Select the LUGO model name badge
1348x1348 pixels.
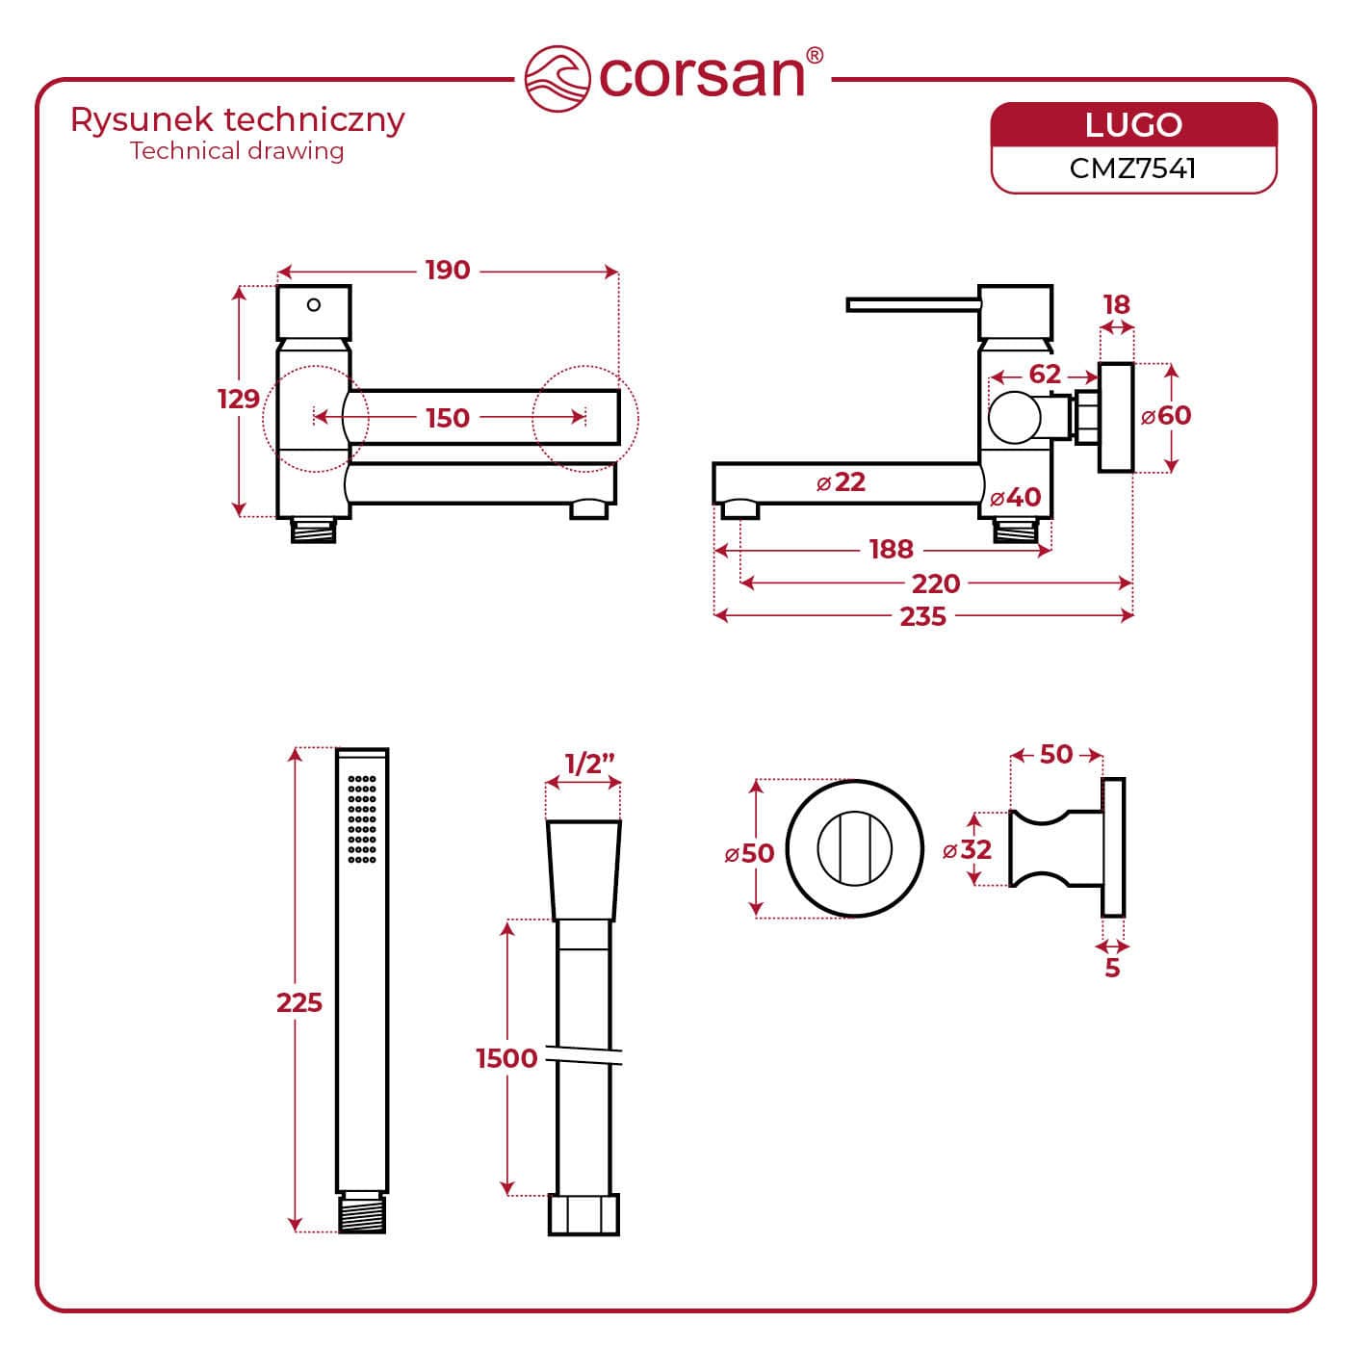tap(1133, 125)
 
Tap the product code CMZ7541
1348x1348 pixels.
tap(1133, 168)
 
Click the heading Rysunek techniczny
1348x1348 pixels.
tap(238, 120)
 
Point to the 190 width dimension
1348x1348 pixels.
tap(448, 271)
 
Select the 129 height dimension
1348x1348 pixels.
tap(238, 399)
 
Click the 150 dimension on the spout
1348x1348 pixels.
tap(448, 418)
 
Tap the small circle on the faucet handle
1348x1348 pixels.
tap(314, 305)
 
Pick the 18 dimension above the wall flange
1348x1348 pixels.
tap(1116, 305)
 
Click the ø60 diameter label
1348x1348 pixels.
tap(1166, 416)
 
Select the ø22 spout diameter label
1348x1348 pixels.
tap(842, 481)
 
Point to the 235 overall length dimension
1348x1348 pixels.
tap(922, 616)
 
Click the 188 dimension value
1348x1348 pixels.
tap(891, 549)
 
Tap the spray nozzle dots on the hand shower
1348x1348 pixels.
tap(362, 817)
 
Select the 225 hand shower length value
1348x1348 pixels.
tap(299, 1003)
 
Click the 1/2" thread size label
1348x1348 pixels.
tap(589, 765)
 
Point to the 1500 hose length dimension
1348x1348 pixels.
tap(506, 1058)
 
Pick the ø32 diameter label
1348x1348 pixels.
tap(967, 849)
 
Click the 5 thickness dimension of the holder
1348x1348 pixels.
tap(1112, 968)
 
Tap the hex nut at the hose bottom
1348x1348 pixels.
tap(584, 1215)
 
